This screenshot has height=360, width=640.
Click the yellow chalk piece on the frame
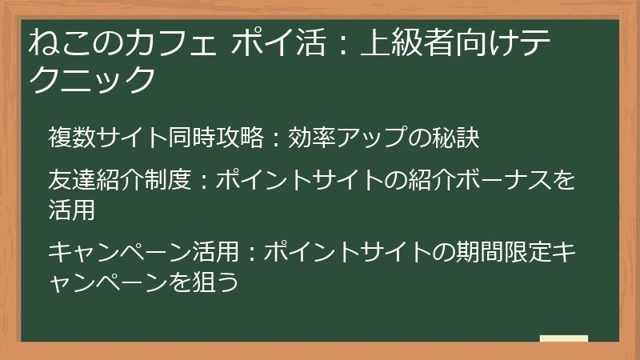563,339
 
